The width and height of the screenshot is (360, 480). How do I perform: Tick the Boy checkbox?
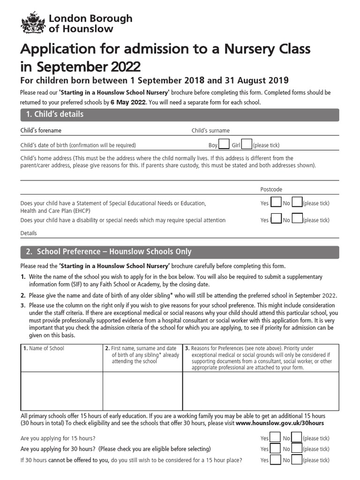[224, 144]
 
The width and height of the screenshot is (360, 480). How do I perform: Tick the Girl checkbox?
[247, 144]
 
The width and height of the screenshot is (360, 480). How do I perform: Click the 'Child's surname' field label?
[210, 131]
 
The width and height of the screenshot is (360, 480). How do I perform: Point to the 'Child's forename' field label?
[41, 131]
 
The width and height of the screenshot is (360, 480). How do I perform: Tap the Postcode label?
[271, 189]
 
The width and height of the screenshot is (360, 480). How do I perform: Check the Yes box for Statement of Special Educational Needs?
[276, 202]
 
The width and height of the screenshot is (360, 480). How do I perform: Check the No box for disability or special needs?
[297, 219]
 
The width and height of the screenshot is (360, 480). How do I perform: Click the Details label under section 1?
[29, 233]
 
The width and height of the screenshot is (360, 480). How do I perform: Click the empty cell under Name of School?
[61, 391]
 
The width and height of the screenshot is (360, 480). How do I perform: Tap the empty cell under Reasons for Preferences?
[260, 391]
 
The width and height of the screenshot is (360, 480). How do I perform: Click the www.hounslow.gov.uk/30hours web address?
[280, 423]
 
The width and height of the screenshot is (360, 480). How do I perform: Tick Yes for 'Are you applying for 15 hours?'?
[276, 437]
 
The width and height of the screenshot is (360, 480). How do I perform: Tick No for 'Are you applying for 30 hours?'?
[297, 449]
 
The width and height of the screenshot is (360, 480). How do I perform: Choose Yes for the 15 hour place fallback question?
[276, 459]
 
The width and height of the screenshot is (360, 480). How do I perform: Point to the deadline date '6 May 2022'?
[128, 102]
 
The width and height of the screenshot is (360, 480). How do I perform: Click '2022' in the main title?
[125, 65]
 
